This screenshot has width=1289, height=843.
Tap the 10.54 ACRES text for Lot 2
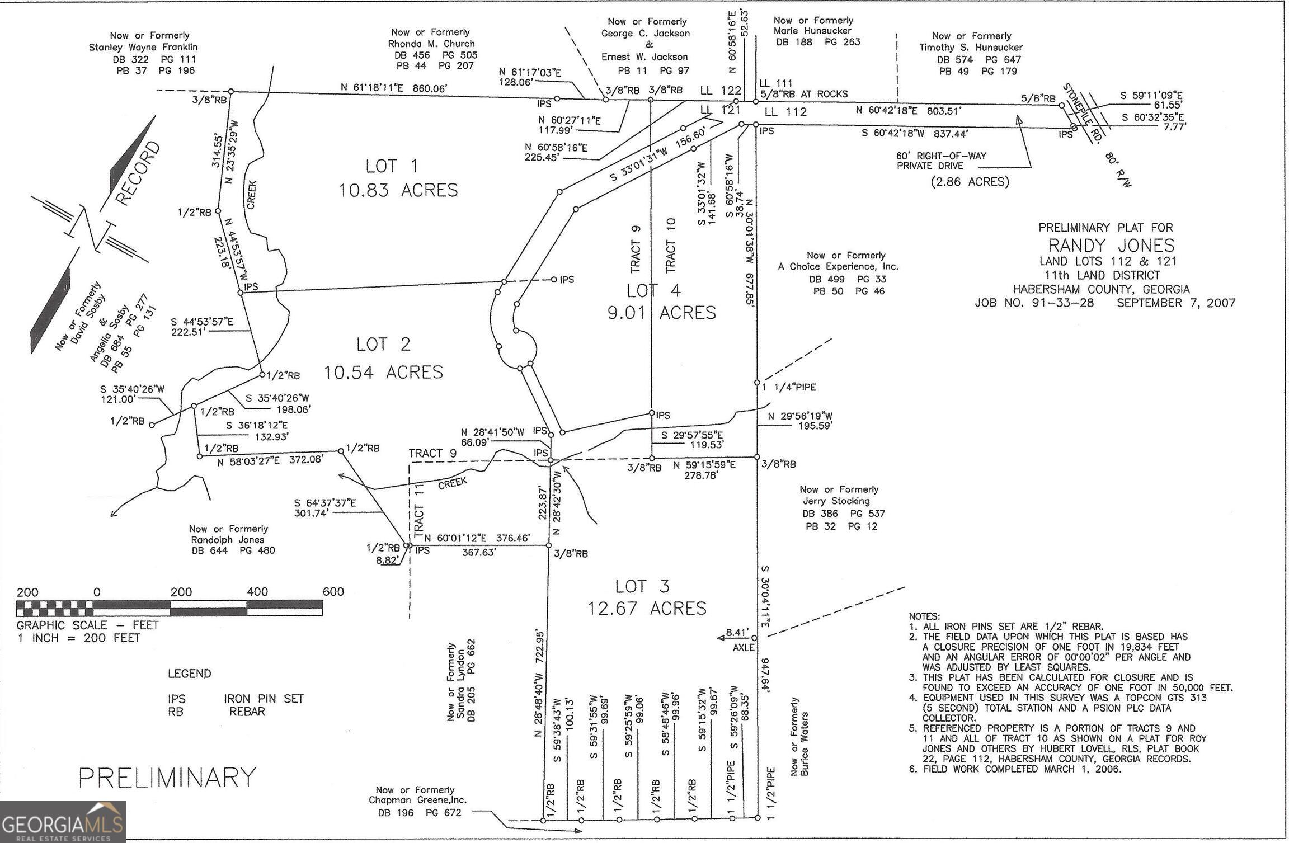tap(383, 372)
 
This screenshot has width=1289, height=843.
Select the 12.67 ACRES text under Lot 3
tap(647, 608)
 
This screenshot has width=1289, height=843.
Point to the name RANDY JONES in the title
tap(1111, 245)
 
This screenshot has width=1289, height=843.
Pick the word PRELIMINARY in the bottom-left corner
tap(167, 778)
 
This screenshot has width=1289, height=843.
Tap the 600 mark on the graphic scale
tap(333, 592)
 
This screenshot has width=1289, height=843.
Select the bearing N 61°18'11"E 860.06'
tap(394, 88)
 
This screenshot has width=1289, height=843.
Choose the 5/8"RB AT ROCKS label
tap(803, 94)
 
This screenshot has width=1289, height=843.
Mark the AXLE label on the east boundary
tap(744, 647)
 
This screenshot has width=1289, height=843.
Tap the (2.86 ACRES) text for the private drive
tap(970, 182)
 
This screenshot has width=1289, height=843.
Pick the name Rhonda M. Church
tap(431, 44)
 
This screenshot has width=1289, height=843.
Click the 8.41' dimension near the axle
tap(736, 633)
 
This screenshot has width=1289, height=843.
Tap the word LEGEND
tap(190, 674)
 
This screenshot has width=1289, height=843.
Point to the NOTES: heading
tap(924, 616)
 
